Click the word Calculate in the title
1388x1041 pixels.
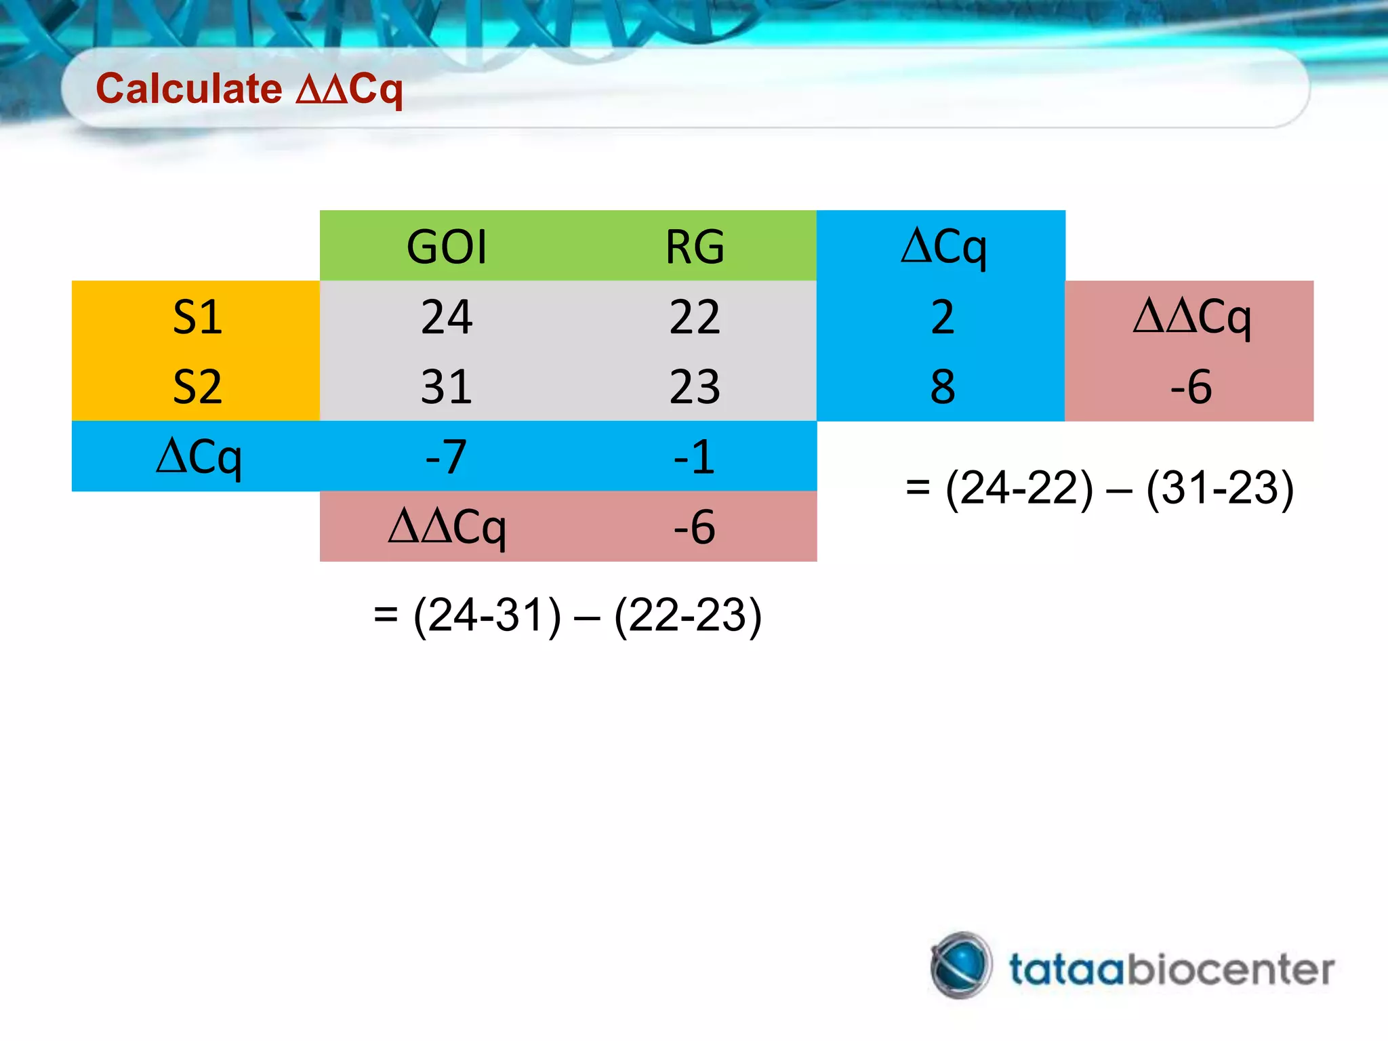tap(188, 89)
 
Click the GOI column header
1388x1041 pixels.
tap(447, 247)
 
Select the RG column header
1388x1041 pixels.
tap(695, 247)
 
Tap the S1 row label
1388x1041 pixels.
tap(197, 317)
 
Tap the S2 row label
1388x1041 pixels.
tap(197, 387)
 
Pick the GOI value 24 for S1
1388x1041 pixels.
tap(447, 317)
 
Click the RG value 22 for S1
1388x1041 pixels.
tap(695, 317)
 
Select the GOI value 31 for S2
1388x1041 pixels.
tap(447, 387)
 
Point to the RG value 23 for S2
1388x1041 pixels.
tap(695, 387)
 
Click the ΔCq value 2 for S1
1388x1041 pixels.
tap(943, 317)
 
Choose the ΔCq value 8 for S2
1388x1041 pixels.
tap(943, 387)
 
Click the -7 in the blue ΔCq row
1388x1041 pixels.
tap(447, 457)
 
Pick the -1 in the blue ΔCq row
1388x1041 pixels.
tap(695, 457)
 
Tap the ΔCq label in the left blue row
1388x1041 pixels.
tap(198, 457)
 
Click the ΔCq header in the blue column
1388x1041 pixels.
tap(943, 247)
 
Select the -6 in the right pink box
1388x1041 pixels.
tap(1191, 387)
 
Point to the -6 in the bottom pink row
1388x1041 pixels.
tap(695, 527)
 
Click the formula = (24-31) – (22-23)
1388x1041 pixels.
tap(568, 616)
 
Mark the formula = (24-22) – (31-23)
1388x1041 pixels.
tap(1099, 488)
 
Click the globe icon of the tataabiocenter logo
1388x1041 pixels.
tap(961, 965)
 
